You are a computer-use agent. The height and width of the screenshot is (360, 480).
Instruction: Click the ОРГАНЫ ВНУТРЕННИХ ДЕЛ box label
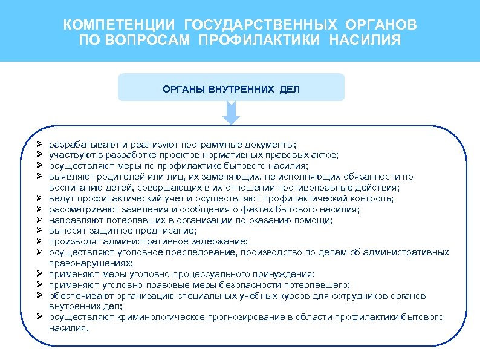point(231,90)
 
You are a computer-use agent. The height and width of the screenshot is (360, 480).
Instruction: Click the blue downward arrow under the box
point(231,112)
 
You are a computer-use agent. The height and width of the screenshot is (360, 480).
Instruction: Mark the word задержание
point(222,241)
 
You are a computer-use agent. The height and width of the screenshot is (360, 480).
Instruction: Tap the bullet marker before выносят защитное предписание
point(39,231)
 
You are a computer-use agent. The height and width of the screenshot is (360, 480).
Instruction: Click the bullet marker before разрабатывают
point(39,145)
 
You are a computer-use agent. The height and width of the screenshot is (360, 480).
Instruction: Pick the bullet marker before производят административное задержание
point(39,241)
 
